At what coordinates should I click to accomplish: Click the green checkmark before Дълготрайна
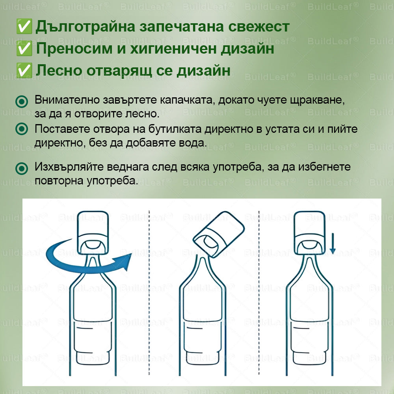click(x=24, y=27)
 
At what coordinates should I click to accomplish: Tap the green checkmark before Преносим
click(x=24, y=49)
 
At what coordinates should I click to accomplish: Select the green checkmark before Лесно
click(x=24, y=71)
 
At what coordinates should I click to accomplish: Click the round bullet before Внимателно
click(x=22, y=102)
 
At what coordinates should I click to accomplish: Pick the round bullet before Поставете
click(x=22, y=129)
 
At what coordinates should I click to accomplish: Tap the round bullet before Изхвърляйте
click(x=22, y=169)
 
